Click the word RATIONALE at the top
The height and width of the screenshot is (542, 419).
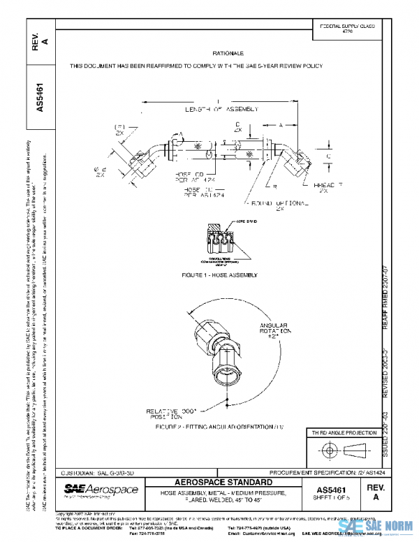tap(228, 53)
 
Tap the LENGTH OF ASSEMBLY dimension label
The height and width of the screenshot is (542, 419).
tap(221, 110)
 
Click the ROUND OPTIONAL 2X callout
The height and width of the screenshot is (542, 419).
tap(280, 205)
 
